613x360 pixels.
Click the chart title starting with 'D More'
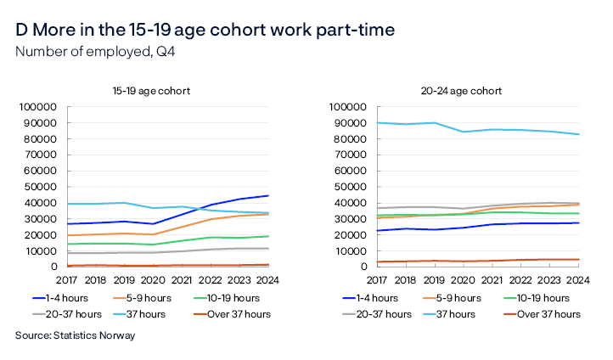pyautogui.click(x=205, y=31)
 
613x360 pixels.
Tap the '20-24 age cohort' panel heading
pyautogui.click(x=464, y=90)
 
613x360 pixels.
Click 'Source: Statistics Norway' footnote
pyautogui.click(x=75, y=335)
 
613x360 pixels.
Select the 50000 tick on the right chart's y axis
pyautogui.click(x=349, y=187)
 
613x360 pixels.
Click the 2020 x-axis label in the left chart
pyautogui.click(x=153, y=279)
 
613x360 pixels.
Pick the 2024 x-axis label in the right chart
pyautogui.click(x=577, y=279)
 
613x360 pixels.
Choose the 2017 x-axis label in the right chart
pyautogui.click(x=376, y=279)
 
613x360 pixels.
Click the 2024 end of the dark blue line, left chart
pyautogui.click(x=268, y=196)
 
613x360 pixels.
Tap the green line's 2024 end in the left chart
pyautogui.click(x=268, y=236)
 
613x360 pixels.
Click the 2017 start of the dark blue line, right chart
pyautogui.click(x=376, y=230)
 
